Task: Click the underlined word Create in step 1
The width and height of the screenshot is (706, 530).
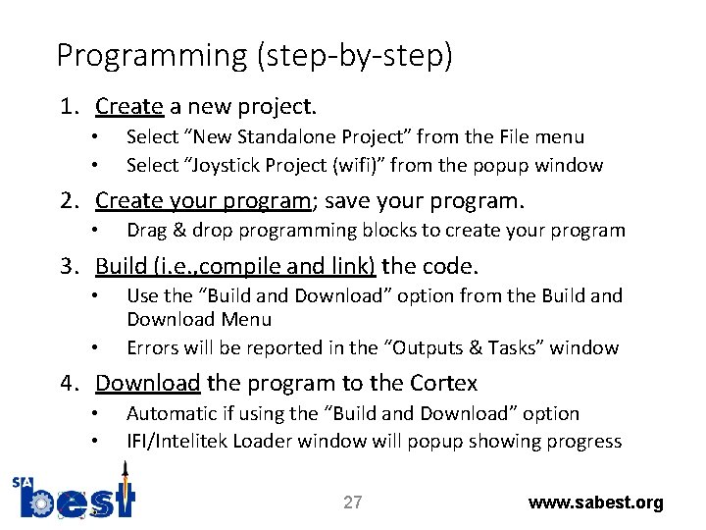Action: click(128, 106)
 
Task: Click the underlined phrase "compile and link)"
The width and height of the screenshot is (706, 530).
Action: click(292, 266)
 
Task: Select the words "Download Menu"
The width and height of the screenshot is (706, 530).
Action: click(199, 320)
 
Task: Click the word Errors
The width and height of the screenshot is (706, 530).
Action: click(153, 347)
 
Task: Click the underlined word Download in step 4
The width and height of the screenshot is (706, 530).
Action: click(148, 383)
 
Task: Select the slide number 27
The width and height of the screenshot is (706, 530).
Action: click(352, 503)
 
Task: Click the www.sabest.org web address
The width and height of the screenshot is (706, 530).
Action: click(595, 503)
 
